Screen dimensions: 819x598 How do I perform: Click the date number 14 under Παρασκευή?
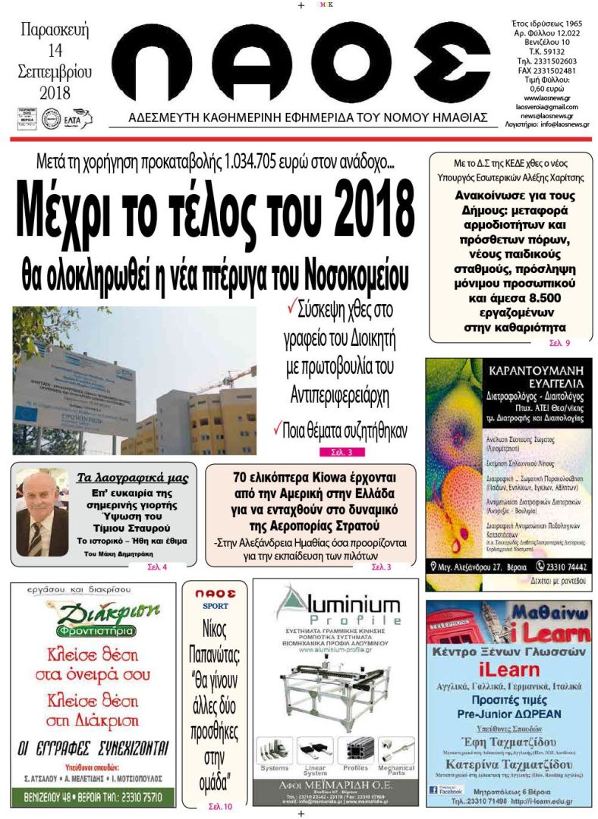[55, 52]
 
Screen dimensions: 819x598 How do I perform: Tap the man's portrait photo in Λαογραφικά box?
[42, 513]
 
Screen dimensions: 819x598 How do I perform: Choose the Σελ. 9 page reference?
[559, 344]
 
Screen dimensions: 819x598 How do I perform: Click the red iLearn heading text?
[508, 668]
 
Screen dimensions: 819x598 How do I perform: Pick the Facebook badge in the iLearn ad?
[445, 790]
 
